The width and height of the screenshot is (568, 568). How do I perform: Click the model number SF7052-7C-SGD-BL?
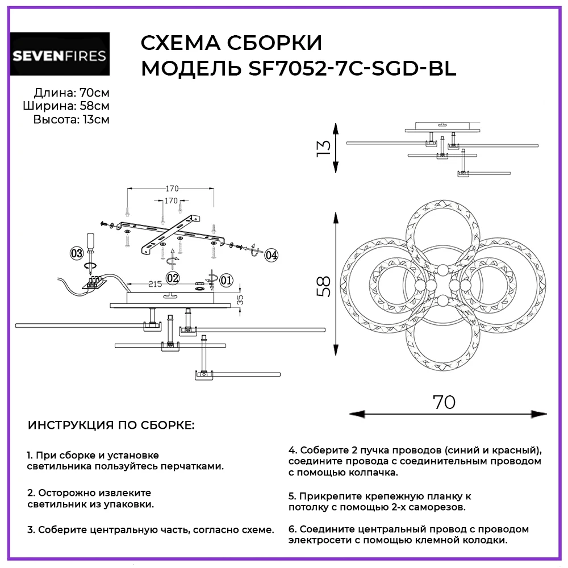(x=353, y=69)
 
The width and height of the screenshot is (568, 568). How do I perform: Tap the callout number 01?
(x=226, y=279)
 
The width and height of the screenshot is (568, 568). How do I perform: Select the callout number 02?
(x=173, y=278)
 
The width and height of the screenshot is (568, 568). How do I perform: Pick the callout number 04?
(x=271, y=255)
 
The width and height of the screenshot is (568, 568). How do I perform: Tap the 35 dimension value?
(x=241, y=298)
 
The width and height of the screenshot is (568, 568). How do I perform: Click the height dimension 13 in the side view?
(x=323, y=147)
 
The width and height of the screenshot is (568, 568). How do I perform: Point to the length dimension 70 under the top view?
(x=444, y=402)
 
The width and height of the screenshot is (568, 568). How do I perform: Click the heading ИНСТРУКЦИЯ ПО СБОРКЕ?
(x=111, y=425)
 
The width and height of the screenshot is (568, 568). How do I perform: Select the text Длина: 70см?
(x=72, y=93)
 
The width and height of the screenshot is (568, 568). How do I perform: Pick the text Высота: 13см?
(x=72, y=119)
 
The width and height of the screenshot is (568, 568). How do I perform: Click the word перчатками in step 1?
(x=191, y=466)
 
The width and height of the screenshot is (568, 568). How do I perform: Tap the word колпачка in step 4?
(x=371, y=473)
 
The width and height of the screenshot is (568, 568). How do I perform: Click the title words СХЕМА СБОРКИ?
(x=231, y=43)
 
